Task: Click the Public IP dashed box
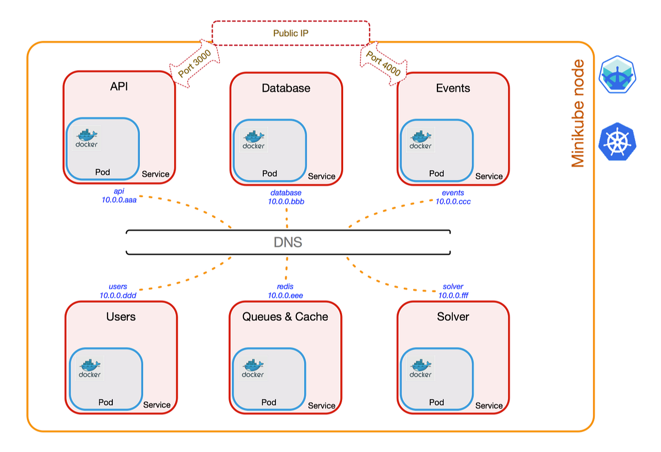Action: tap(291, 33)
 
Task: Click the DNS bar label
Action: tap(288, 243)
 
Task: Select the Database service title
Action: tap(286, 88)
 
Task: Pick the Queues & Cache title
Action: tap(285, 316)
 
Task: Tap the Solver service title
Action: tap(453, 316)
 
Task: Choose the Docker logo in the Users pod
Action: tap(89, 368)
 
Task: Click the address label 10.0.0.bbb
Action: tap(286, 202)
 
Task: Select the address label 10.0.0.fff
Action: tap(453, 295)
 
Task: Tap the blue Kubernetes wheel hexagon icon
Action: tap(617, 142)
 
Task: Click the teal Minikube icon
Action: tap(617, 74)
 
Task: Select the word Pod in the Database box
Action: tap(269, 174)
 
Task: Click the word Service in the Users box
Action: tap(157, 405)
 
